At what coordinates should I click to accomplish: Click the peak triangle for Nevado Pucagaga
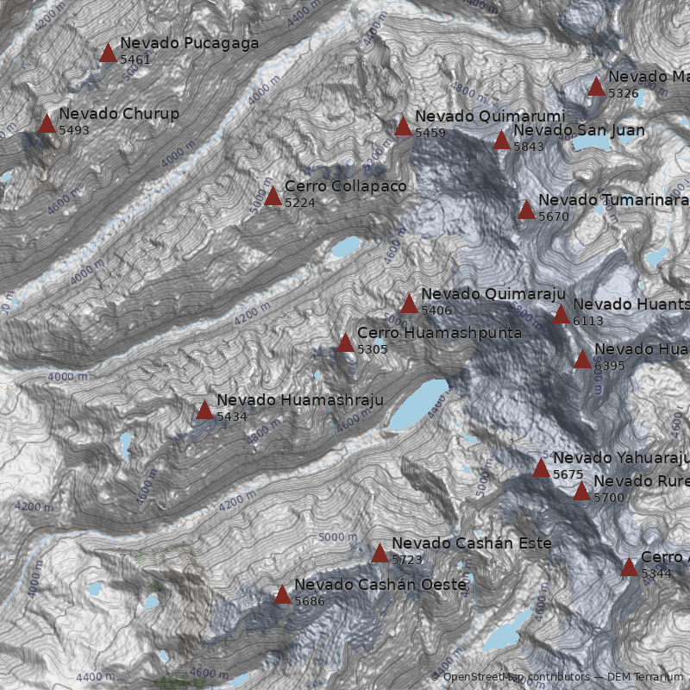(108, 53)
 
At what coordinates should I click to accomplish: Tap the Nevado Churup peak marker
(47, 124)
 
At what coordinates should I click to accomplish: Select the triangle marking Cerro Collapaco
(273, 197)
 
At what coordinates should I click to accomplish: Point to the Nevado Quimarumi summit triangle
(403, 128)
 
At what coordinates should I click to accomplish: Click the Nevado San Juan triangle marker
(501, 141)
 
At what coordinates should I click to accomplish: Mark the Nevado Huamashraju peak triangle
(204, 411)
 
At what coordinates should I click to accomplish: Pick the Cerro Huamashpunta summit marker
(345, 343)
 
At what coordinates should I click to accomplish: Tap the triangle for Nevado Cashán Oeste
(282, 595)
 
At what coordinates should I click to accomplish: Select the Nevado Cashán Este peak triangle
(379, 554)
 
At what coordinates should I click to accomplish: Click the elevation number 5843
(529, 147)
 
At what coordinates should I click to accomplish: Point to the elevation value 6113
(588, 321)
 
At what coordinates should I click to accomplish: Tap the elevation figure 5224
(300, 203)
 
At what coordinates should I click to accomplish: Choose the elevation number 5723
(407, 560)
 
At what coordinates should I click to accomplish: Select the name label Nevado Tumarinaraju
(613, 200)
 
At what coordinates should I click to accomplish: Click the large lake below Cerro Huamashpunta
(418, 405)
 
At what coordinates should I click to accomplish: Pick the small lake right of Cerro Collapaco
(346, 248)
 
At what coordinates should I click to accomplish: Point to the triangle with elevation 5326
(596, 87)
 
